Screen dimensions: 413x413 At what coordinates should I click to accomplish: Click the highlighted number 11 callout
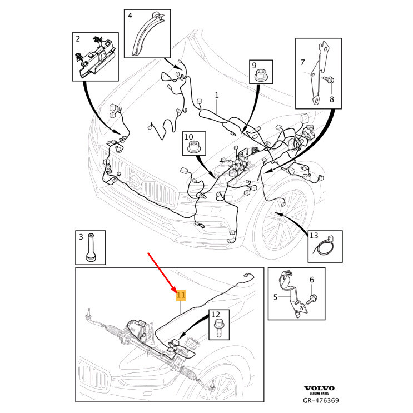click(x=181, y=295)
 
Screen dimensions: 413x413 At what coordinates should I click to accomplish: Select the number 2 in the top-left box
click(x=78, y=39)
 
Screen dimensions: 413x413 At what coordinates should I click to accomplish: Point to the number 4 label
click(x=130, y=16)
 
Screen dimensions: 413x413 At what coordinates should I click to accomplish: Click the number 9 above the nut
click(x=255, y=66)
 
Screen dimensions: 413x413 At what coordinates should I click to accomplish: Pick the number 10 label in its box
click(x=189, y=137)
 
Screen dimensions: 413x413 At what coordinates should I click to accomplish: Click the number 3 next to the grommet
click(x=81, y=237)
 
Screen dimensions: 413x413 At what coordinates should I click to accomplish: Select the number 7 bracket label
click(x=303, y=62)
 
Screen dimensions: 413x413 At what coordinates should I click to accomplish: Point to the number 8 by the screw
click(x=332, y=99)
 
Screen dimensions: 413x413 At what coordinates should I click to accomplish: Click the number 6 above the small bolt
click(x=311, y=280)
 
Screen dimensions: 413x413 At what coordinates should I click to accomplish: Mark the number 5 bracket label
click(x=275, y=297)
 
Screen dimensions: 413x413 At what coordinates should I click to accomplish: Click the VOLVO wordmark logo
click(x=319, y=387)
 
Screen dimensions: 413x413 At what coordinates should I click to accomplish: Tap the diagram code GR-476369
click(x=321, y=400)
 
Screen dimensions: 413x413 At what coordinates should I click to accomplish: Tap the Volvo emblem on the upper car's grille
click(x=135, y=180)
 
